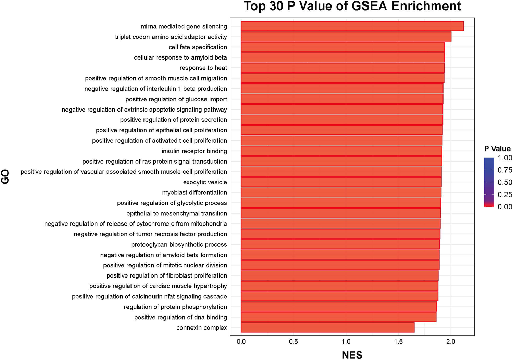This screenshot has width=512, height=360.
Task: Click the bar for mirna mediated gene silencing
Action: [x=352, y=26]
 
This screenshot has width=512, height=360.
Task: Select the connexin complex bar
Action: [x=327, y=327]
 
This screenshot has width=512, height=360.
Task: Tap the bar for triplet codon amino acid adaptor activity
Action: [x=346, y=37]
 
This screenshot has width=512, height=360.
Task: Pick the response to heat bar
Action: [x=342, y=68]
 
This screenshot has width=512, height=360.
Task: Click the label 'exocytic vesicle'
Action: [x=205, y=182]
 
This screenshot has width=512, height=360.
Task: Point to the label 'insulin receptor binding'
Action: [x=194, y=151]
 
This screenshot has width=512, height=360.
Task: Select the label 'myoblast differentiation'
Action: [x=195, y=192]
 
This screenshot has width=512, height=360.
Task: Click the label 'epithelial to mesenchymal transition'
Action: [x=177, y=213]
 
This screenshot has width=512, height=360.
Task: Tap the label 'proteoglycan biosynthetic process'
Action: [x=179, y=244]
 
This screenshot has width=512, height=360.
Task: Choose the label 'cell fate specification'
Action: [x=198, y=47]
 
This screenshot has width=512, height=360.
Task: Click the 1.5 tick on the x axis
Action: [x=398, y=342]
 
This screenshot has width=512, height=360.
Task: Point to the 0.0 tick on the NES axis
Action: [x=241, y=342]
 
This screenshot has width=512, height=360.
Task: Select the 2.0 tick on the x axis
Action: [x=451, y=342]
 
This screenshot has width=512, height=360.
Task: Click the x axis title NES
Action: [x=352, y=355]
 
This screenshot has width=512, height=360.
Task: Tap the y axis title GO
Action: [x=5, y=177]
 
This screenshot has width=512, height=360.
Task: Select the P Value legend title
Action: [x=497, y=149]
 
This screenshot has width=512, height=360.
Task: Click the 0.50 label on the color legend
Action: [x=504, y=182]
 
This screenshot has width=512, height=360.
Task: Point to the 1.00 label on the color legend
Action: [x=504, y=158]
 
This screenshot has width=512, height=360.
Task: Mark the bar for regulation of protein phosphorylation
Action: [x=339, y=307]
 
